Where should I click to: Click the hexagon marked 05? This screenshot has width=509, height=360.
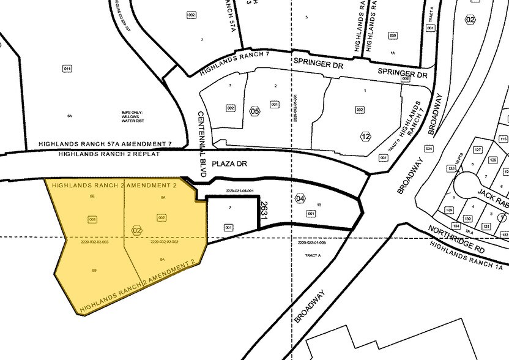tap(254, 111)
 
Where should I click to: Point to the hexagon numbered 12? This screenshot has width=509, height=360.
tap(366, 136)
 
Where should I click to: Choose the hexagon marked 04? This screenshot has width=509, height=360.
tap(300, 198)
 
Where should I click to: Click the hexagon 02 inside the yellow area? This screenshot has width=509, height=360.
tap(136, 230)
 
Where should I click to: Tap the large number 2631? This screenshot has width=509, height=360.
tap(264, 209)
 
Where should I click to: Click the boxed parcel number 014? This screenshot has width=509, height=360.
tap(67, 69)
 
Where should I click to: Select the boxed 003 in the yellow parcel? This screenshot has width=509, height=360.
tap(93, 219)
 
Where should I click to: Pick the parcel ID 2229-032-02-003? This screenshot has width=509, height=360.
tap(94, 242)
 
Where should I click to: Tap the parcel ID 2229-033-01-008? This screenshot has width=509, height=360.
tap(312, 244)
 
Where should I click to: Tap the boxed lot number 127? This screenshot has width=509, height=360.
tap(478, 150)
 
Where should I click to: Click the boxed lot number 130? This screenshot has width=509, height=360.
tap(467, 219)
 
